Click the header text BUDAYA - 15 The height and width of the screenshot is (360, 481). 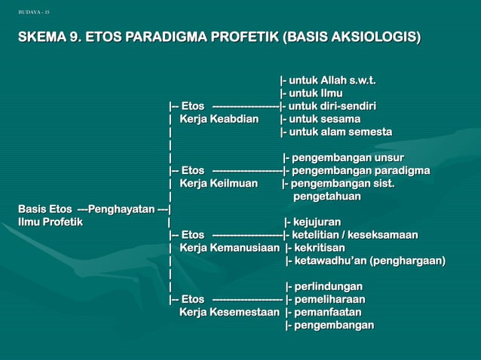(x=35, y=12)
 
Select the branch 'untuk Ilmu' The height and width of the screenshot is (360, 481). (x=316, y=93)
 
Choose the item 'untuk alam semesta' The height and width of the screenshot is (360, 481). (x=340, y=132)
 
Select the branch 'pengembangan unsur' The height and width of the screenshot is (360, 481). (x=348, y=157)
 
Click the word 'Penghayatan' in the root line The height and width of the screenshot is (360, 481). (x=121, y=209)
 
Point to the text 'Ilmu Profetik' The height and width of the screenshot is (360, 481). (x=51, y=221)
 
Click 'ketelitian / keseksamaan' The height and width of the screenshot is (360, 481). (x=354, y=234)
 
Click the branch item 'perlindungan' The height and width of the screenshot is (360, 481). (x=328, y=286)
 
